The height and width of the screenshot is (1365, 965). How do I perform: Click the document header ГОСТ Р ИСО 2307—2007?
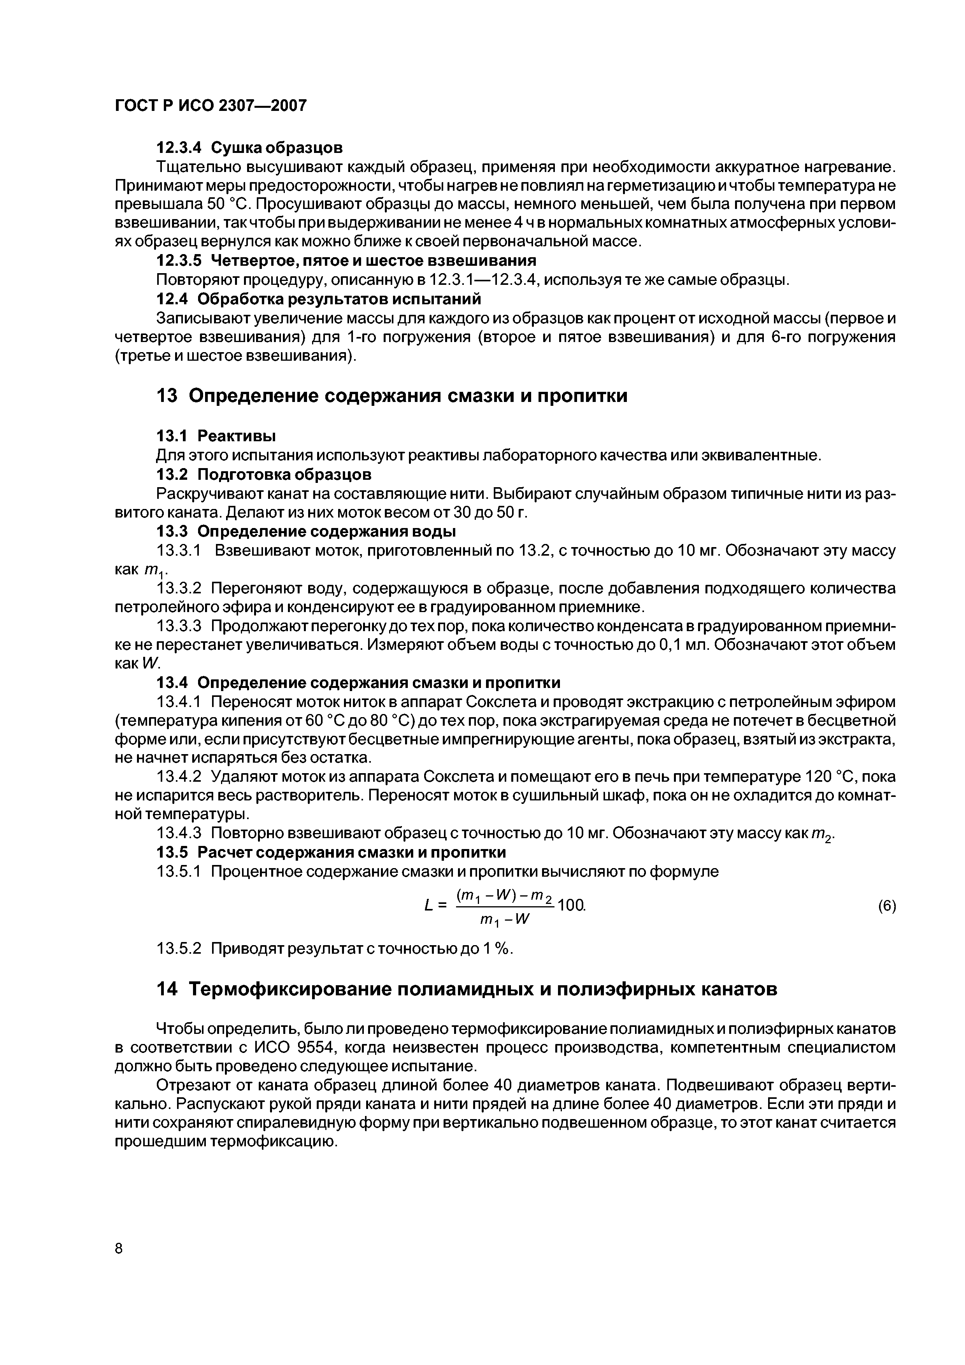pos(211,106)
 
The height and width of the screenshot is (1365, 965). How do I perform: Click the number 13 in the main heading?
pos(167,396)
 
